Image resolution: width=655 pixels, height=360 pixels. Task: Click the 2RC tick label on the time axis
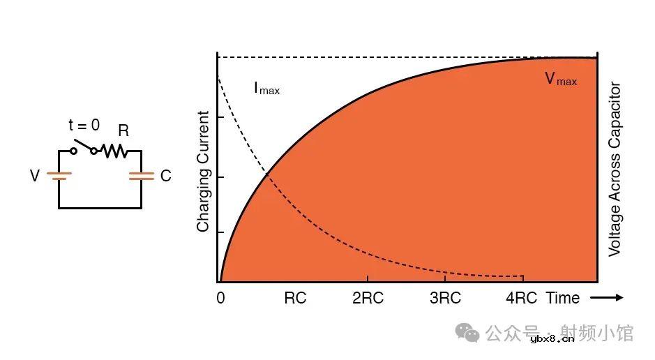(x=368, y=299)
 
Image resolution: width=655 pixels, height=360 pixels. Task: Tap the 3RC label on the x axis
(x=445, y=299)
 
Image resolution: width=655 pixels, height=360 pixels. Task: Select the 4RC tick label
(x=521, y=299)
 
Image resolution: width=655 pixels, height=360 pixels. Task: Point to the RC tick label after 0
(x=295, y=299)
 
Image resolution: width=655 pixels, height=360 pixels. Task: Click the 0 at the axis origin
(x=220, y=299)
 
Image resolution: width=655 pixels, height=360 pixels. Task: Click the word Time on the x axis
(x=563, y=299)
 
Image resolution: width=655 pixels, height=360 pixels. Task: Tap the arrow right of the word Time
(x=606, y=298)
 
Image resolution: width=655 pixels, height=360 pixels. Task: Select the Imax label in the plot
(x=266, y=89)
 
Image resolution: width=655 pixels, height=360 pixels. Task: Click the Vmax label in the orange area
(x=561, y=80)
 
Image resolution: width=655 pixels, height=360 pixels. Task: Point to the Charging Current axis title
(x=203, y=172)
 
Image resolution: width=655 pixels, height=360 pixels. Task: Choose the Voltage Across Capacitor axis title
(x=615, y=170)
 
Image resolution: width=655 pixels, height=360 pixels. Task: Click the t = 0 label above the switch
(x=84, y=126)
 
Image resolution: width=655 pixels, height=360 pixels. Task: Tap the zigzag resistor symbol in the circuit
(x=113, y=151)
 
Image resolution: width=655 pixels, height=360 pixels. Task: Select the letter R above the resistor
(x=123, y=130)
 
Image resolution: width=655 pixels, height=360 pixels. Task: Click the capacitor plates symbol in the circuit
(x=141, y=177)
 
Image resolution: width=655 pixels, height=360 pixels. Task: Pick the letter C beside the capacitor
(x=165, y=177)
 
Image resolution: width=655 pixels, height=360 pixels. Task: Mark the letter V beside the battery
(x=35, y=177)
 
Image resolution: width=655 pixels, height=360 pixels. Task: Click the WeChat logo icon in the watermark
(x=467, y=333)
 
